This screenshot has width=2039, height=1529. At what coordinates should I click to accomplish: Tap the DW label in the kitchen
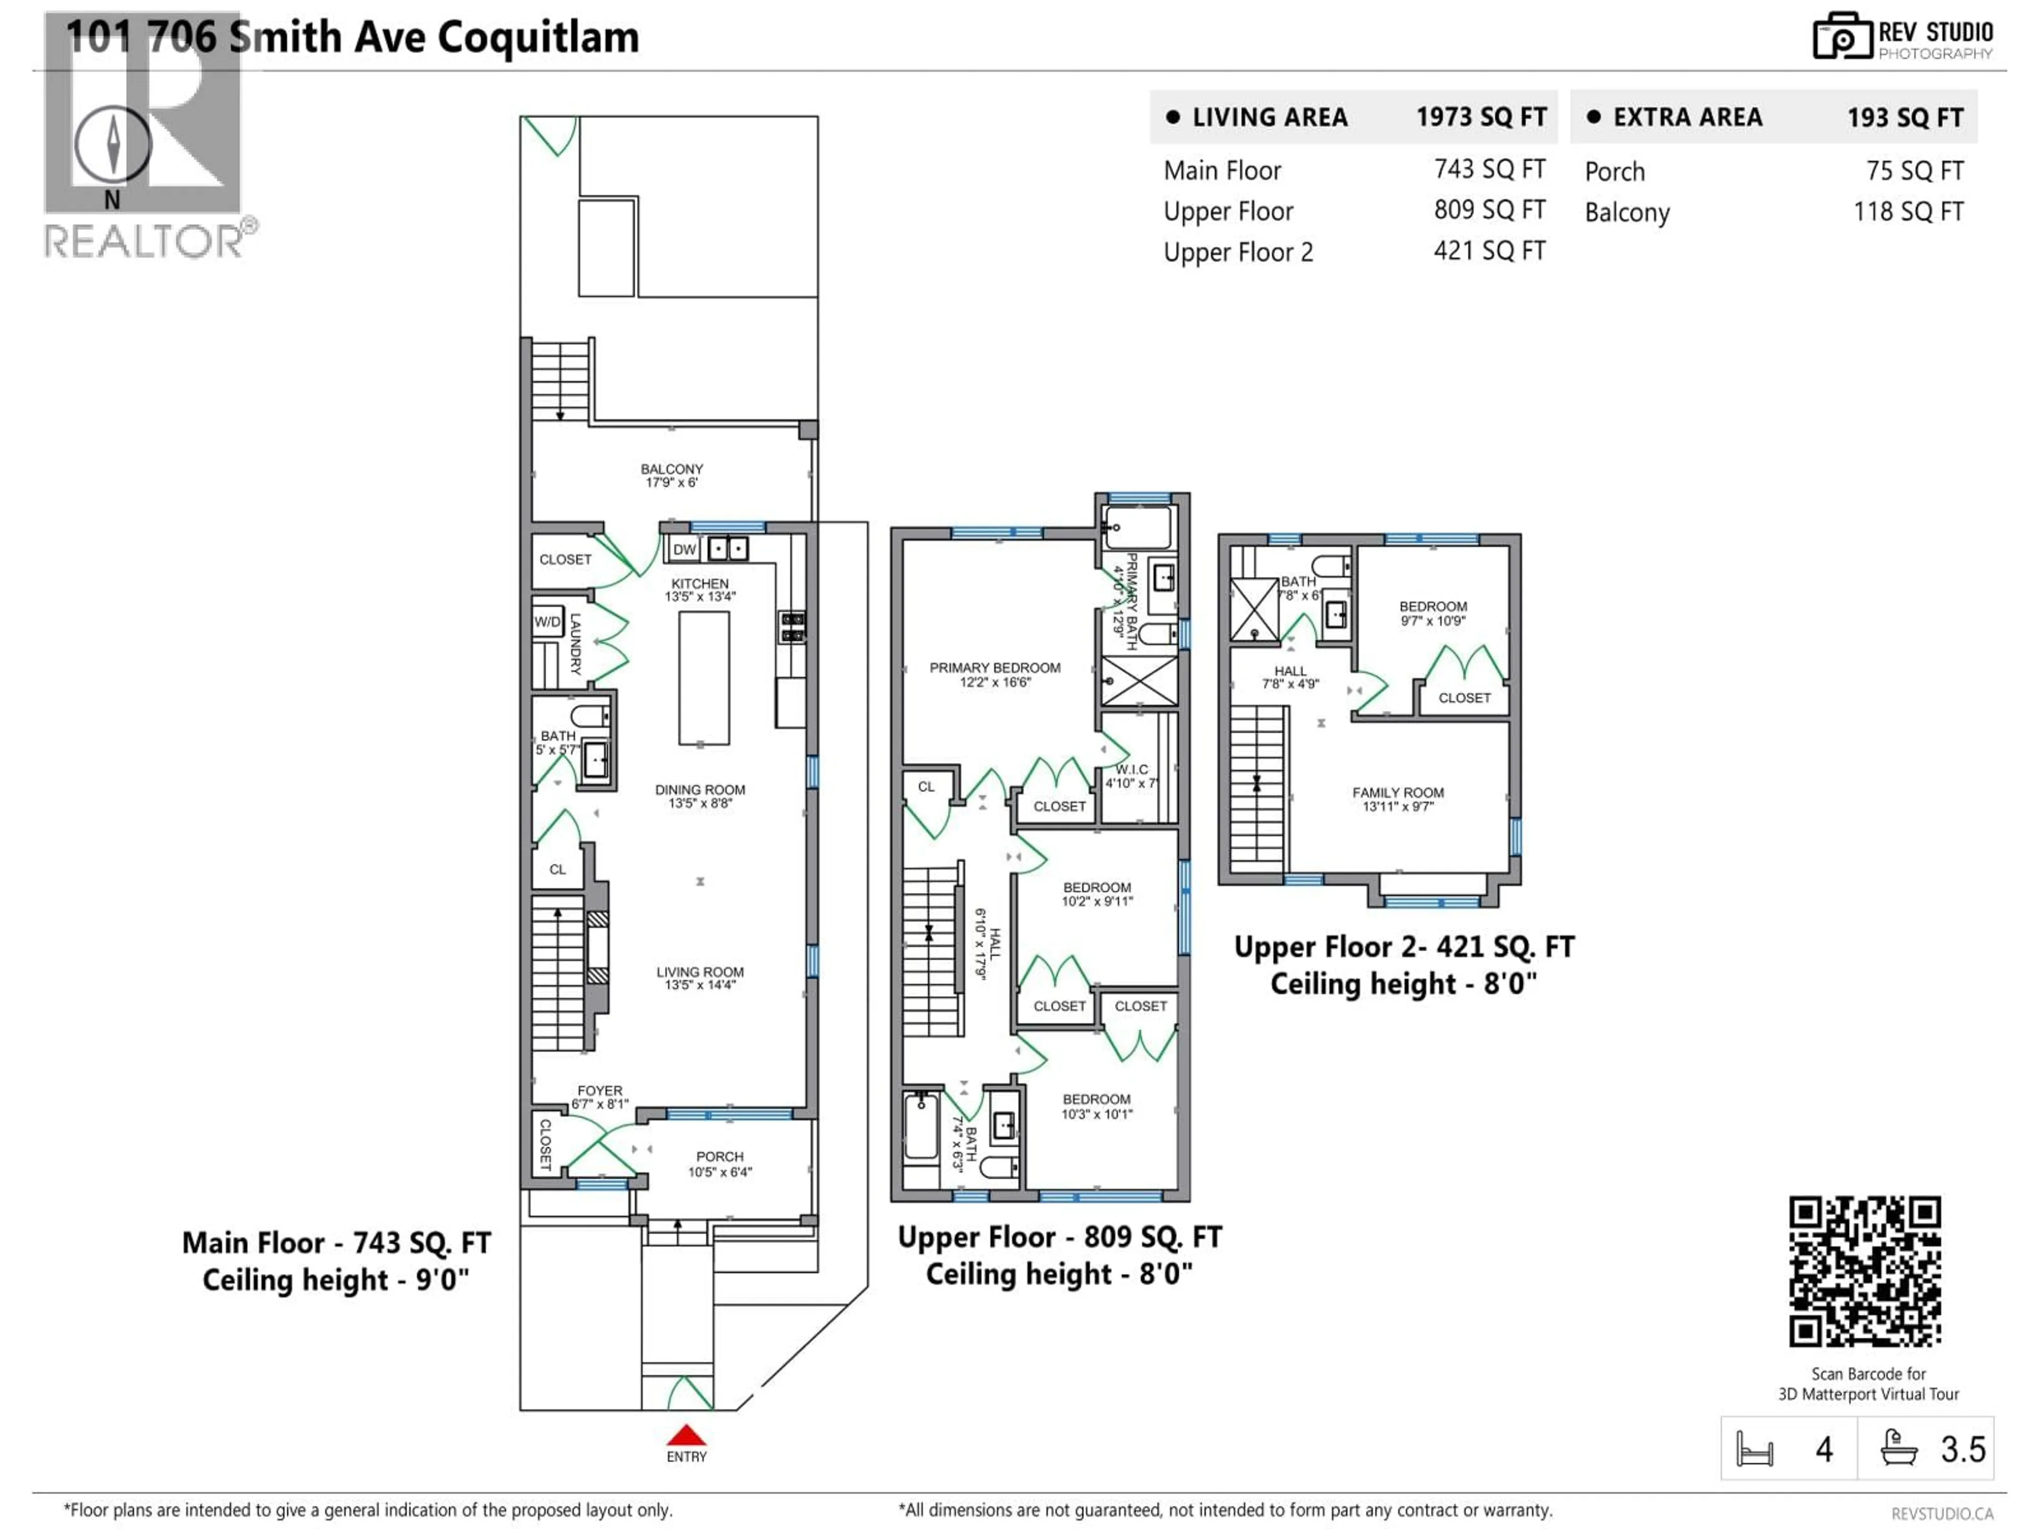pyautogui.click(x=684, y=550)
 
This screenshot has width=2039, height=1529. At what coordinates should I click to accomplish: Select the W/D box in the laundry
pyautogui.click(x=546, y=622)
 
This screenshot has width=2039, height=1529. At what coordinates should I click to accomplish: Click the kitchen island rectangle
pyautogui.click(x=704, y=677)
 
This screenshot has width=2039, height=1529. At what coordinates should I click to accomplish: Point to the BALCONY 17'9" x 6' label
pyautogui.click(x=672, y=476)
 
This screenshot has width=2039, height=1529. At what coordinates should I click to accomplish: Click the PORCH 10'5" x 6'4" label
pyautogui.click(x=720, y=1164)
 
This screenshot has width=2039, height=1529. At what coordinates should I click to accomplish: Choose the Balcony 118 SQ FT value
pyautogui.click(x=1908, y=212)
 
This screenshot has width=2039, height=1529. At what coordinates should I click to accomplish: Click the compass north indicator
pyautogui.click(x=113, y=145)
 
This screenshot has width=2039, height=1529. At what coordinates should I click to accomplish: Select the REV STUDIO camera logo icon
pyautogui.click(x=1841, y=37)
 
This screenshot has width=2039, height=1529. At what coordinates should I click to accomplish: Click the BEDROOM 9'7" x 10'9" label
pyautogui.click(x=1433, y=613)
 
